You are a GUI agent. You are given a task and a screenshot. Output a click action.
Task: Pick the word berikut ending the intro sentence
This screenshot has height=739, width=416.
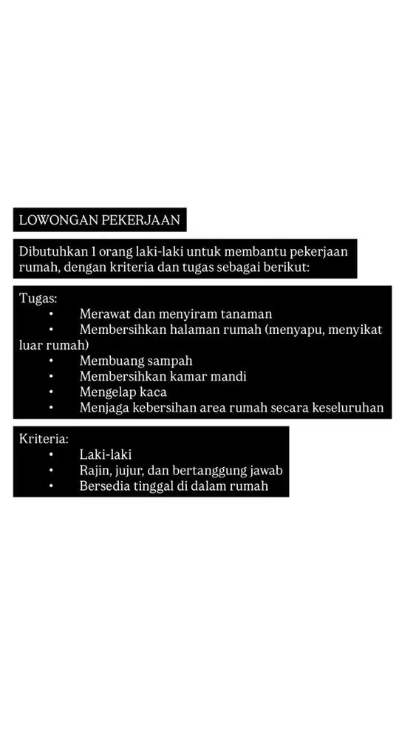290,267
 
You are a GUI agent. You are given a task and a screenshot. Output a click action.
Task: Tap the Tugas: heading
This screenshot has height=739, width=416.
38,299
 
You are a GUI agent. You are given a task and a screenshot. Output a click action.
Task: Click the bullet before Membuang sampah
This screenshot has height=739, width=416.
52,361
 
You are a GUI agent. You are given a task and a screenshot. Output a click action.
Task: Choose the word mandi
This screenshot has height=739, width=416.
227,376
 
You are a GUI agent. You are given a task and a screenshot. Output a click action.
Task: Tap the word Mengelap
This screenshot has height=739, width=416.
107,392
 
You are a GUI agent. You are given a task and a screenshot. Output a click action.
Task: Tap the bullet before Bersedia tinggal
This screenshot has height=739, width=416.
52,486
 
